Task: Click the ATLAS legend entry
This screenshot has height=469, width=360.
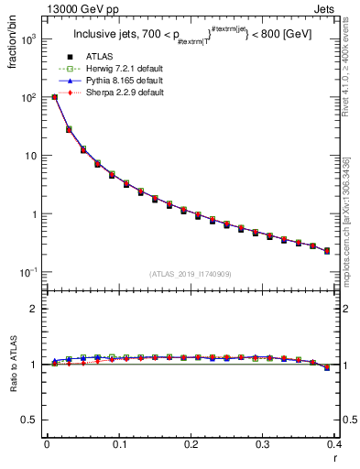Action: tap(98, 58)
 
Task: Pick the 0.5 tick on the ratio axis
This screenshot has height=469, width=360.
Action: tap(32, 420)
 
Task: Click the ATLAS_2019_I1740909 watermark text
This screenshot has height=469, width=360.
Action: tap(191, 274)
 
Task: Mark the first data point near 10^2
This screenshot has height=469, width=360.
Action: tap(55, 96)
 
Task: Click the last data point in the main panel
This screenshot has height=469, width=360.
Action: tap(327, 250)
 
